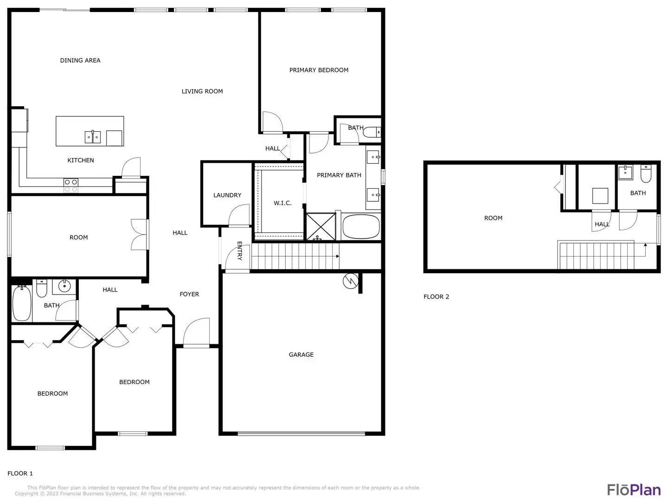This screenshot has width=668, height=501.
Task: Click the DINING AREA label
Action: tap(80, 60)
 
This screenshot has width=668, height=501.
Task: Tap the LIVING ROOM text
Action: tap(202, 91)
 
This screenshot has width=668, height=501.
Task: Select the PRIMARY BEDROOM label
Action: tap(319, 70)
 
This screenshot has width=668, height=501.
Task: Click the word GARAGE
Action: tap(301, 355)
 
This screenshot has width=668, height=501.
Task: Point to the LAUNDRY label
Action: tap(227, 195)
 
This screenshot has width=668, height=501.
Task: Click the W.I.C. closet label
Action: tap(283, 203)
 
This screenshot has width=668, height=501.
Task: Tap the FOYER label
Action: tap(189, 294)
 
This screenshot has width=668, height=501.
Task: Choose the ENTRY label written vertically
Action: tap(239, 250)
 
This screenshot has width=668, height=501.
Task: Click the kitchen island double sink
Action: tap(92, 137)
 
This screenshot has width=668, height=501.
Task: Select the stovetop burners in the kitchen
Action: tap(71, 186)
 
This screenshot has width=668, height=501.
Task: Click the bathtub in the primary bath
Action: tap(361, 227)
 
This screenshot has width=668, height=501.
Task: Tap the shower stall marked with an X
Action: tap(321, 227)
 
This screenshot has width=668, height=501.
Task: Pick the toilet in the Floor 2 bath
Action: tap(646, 173)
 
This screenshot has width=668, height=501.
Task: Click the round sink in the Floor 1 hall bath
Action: tap(64, 286)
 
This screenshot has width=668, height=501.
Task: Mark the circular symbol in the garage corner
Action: tap(351, 281)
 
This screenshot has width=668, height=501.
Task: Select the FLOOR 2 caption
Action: tap(436, 296)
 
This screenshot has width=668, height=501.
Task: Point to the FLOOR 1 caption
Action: tap(20, 473)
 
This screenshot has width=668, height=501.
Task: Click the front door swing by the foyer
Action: tap(196, 333)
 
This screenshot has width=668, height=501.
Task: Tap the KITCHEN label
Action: tap(80, 161)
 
